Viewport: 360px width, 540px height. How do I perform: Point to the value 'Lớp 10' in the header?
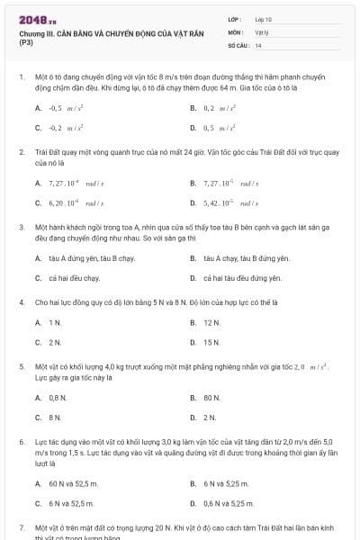264,18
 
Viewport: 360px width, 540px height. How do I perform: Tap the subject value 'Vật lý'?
262,31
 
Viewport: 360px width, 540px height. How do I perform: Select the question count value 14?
258,45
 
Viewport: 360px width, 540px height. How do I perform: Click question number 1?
21,78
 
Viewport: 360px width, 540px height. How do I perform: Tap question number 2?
21,153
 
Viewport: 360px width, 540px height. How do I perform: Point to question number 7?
21,526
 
